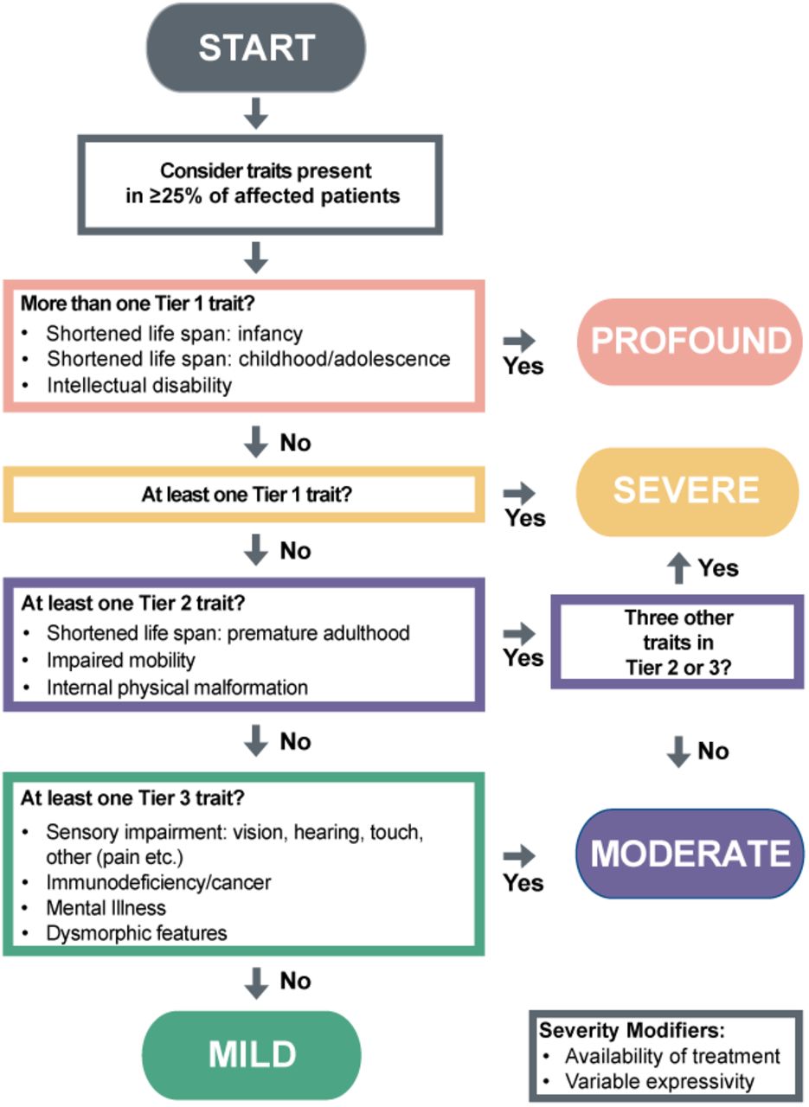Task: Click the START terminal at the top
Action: (x=255, y=48)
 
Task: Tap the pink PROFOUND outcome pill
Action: (x=690, y=342)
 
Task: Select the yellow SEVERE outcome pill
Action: (x=687, y=491)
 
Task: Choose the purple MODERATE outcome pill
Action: (x=690, y=854)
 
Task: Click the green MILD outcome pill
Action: (x=252, y=1054)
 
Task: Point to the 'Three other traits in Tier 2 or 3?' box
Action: (x=677, y=643)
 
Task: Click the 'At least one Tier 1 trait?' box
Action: (x=244, y=494)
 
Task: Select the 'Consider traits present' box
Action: (x=260, y=184)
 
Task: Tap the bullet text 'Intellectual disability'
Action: (x=139, y=386)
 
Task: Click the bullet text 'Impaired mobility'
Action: (x=120, y=660)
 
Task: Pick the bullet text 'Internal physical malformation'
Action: (x=177, y=688)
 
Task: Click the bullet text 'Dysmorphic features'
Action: (x=137, y=933)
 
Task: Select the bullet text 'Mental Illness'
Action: (x=106, y=908)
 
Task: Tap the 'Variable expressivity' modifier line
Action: (x=659, y=1082)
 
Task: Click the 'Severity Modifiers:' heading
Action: (x=632, y=1031)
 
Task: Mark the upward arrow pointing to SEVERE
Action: (x=678, y=568)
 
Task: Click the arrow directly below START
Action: (x=255, y=113)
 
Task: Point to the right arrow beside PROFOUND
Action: (x=519, y=341)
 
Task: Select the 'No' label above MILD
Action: (x=295, y=981)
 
